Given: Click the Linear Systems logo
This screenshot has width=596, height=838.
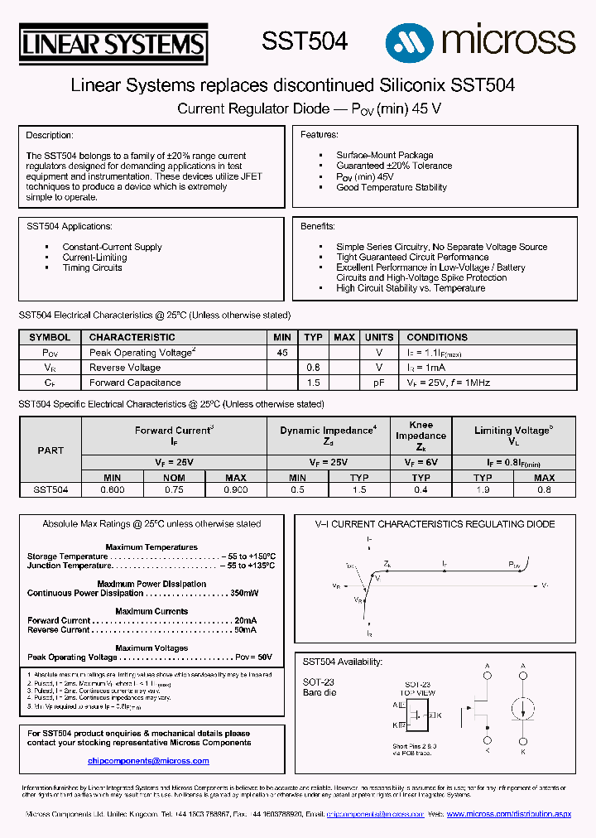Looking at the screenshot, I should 113,43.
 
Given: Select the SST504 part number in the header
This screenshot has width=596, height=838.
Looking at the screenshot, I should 305,41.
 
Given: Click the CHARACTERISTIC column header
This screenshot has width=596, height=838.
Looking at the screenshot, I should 132,337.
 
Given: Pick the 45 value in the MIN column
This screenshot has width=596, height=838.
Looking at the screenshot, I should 282,353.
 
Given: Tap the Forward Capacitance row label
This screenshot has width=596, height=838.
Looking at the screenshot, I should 135,383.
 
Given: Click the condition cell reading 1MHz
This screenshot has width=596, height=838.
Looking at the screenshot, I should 448,383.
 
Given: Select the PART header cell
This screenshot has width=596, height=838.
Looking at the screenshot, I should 50,450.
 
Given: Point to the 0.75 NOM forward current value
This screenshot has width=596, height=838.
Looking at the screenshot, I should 174,490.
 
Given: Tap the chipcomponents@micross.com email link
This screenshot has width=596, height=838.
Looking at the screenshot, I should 146,760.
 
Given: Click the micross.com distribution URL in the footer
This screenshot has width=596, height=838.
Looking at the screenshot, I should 508,815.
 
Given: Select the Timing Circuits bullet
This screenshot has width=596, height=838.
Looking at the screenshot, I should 92,267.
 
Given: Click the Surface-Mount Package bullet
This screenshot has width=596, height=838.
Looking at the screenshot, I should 384,155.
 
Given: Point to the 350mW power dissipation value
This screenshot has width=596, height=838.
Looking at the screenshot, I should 244,593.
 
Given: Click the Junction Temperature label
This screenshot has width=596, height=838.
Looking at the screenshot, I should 69,566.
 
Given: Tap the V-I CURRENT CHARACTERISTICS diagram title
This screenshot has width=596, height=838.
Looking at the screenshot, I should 435,524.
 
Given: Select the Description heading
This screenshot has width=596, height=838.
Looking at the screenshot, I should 50,135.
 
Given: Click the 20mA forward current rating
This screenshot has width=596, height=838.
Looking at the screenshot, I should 246,620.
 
